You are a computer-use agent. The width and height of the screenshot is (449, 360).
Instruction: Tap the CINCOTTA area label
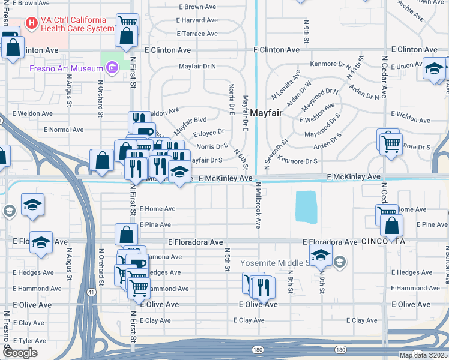click(384, 241)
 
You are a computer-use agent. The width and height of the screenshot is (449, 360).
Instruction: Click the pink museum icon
click(111, 68)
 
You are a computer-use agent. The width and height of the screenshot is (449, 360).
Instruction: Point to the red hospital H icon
click(31, 24)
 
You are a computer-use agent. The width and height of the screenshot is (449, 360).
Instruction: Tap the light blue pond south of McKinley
click(306, 206)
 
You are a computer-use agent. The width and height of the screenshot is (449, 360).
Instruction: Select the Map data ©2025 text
click(423, 355)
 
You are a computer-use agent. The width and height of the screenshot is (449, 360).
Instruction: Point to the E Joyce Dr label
click(208, 133)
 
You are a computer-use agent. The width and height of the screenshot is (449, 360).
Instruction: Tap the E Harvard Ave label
click(197, 20)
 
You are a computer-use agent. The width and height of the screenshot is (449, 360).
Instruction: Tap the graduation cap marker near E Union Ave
click(435, 70)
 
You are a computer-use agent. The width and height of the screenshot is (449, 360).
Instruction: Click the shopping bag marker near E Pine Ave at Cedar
click(391, 227)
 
